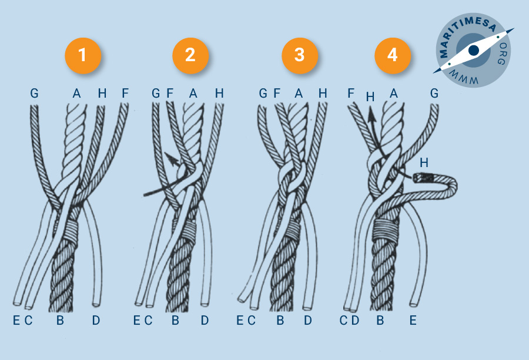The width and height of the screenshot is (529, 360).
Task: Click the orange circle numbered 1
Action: click(83, 55)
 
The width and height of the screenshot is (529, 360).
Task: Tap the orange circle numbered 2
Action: click(190, 55)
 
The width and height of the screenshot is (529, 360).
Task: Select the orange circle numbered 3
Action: click(300, 55)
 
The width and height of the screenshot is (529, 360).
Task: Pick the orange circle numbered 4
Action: click(393, 55)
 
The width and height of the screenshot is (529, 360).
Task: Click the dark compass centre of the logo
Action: click(473, 51)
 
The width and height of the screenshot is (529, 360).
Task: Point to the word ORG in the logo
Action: click(502, 54)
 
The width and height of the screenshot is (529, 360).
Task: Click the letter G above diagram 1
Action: click(34, 93)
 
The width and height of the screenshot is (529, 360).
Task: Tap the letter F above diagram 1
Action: click(125, 93)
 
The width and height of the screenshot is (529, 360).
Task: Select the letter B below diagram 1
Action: click(60, 320)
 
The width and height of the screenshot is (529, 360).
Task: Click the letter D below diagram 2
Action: click(205, 320)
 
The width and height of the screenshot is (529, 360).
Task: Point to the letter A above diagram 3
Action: click(299, 93)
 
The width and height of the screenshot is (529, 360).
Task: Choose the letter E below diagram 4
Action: click(413, 320)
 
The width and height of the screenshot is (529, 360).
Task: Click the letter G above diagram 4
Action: click(434, 93)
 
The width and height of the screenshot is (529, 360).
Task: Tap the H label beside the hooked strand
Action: click(424, 163)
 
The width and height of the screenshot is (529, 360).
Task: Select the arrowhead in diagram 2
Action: click(172, 159)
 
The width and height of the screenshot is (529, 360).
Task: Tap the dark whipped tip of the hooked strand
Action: click(421, 178)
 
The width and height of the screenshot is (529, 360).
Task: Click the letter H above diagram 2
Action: click(219, 93)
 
